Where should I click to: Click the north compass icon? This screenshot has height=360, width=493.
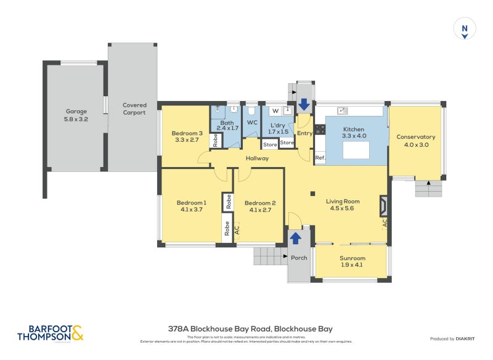pyautogui.click(x=465, y=29)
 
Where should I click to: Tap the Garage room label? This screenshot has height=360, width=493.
pyautogui.click(x=76, y=112)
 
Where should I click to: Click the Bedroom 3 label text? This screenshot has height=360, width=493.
pyautogui.click(x=187, y=133)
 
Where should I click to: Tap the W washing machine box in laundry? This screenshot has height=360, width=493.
pyautogui.click(x=275, y=111)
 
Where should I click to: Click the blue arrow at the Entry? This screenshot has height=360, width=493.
pyautogui.click(x=304, y=105)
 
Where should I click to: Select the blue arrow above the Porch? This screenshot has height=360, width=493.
pyautogui.click(x=295, y=237)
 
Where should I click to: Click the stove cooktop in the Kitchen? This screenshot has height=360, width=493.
pyautogui.click(x=320, y=129)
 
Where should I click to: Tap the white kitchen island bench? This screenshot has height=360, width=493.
pyautogui.click(x=352, y=150)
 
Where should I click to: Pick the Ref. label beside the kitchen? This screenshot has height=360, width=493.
pyautogui.click(x=320, y=158)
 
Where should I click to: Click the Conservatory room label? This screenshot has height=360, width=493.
pyautogui.click(x=415, y=137)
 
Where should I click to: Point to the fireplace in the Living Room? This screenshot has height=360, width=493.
pyautogui.click(x=383, y=204)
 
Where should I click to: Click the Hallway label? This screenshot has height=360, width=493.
pyautogui.click(x=257, y=158)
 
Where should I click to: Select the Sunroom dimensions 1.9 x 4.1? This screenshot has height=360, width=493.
pyautogui.click(x=352, y=266)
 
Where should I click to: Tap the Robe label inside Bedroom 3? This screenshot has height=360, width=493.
pyautogui.click(x=215, y=140)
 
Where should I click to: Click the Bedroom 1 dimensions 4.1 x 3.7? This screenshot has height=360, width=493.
pyautogui.click(x=191, y=210)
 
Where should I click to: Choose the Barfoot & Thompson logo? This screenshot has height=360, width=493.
pyautogui.click(x=50, y=333)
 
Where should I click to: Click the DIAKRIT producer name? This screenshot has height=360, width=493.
pyautogui.click(x=470, y=338)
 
